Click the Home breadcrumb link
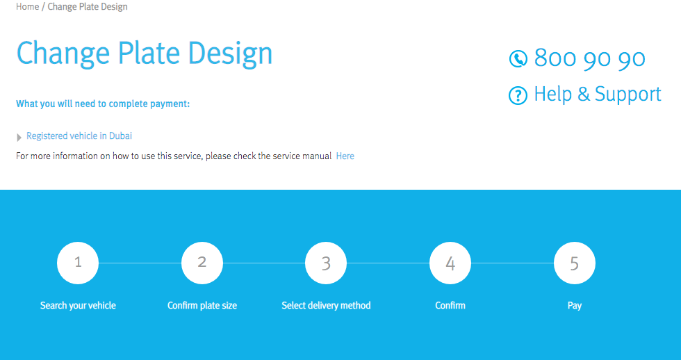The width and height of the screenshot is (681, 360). pyautogui.click(x=27, y=7)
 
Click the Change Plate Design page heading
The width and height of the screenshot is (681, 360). pyautogui.click(x=145, y=54)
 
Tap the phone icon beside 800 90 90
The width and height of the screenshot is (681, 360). pyautogui.click(x=518, y=58)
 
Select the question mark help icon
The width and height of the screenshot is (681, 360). pyautogui.click(x=518, y=95)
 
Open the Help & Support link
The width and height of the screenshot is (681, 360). pyautogui.click(x=598, y=95)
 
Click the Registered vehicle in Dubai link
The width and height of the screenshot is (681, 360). pyautogui.click(x=79, y=136)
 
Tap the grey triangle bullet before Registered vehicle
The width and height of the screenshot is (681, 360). pyautogui.click(x=19, y=138)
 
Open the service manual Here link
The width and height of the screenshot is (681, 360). pyautogui.click(x=345, y=156)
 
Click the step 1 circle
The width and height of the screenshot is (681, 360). pyautogui.click(x=78, y=263)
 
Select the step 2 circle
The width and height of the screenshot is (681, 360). pyautogui.click(x=202, y=263)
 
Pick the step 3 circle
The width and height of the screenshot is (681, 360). pyautogui.click(x=326, y=263)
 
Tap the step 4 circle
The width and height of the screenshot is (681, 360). pyautogui.click(x=450, y=263)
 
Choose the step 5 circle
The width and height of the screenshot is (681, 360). pyautogui.click(x=575, y=263)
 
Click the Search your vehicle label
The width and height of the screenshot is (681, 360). pyautogui.click(x=78, y=306)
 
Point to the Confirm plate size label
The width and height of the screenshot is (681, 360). pyautogui.click(x=202, y=306)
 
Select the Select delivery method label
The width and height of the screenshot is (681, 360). pyautogui.click(x=326, y=306)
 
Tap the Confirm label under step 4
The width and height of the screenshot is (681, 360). pyautogui.click(x=450, y=306)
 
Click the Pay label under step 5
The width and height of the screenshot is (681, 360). pyautogui.click(x=575, y=306)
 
